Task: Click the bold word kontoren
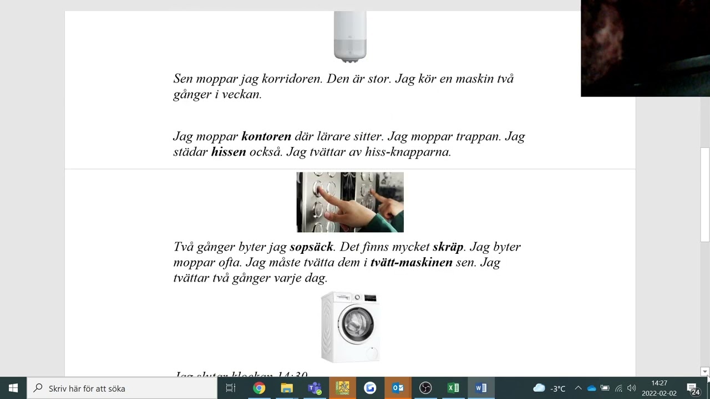[266, 136]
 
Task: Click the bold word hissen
[229, 152]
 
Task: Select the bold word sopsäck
[311, 247]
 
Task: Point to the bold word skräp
[448, 247]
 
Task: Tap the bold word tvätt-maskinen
[411, 262]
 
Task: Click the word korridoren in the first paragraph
[292, 79]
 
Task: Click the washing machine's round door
[356, 323]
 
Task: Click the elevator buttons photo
[350, 202]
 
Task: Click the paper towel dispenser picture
[350, 37]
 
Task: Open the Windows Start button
[13, 388]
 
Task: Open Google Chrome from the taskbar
[259, 388]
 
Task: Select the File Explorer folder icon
[287, 388]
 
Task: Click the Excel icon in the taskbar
[453, 388]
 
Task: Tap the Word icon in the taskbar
[481, 388]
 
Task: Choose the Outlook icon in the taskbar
[398, 388]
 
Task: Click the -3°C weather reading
[557, 388]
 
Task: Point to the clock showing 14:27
[659, 383]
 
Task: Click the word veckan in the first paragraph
[241, 94]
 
